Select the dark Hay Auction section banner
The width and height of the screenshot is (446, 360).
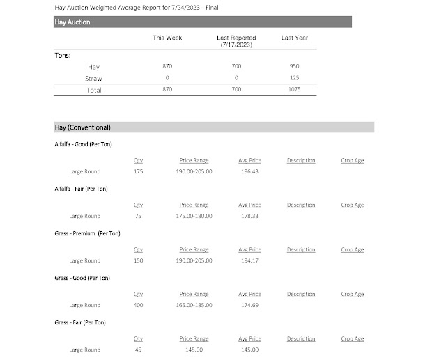[x=202, y=22]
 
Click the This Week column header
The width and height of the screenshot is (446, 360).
[x=167, y=38]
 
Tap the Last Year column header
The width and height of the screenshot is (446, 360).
[x=295, y=38]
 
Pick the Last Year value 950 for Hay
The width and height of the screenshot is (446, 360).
[x=295, y=67]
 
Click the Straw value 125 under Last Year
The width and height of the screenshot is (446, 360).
[x=295, y=78]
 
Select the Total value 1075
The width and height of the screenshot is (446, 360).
[x=295, y=90]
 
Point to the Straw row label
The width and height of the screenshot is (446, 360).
[x=93, y=78]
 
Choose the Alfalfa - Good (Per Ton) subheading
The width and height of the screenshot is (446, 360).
[x=83, y=144]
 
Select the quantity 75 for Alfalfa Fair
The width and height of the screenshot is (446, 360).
[x=138, y=216]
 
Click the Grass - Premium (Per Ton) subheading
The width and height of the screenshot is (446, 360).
[x=87, y=233]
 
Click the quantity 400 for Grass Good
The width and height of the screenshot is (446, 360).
[x=138, y=305]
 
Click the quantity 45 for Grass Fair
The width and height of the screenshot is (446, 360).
[x=138, y=350]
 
